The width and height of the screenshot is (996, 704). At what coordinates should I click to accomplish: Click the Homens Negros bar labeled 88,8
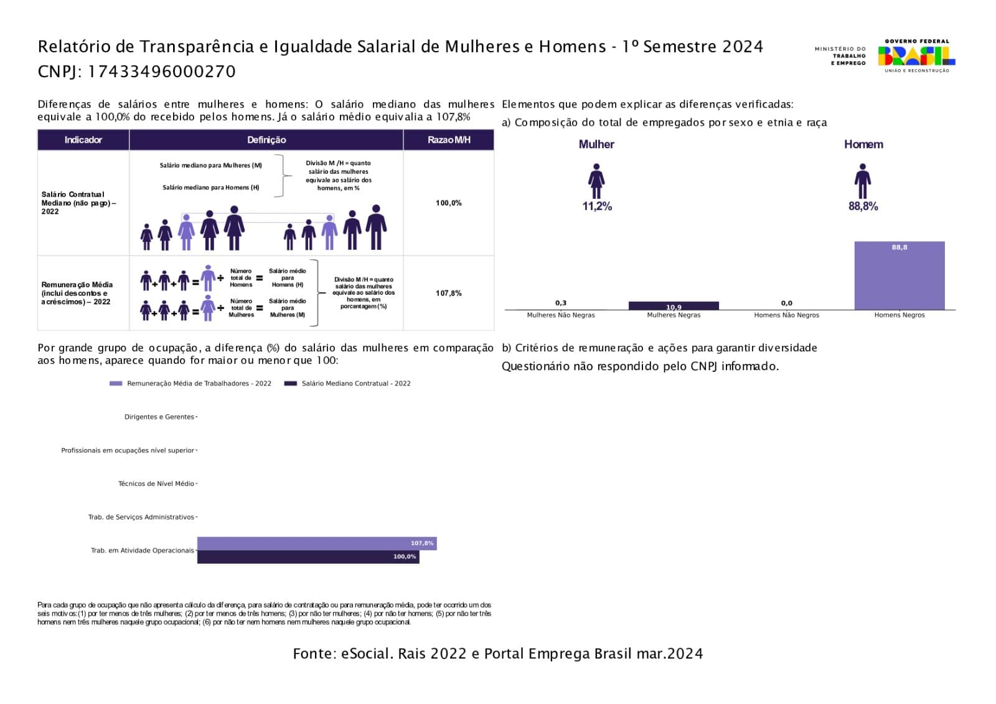(x=899, y=275)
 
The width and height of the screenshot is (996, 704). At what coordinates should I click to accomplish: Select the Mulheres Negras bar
(x=674, y=306)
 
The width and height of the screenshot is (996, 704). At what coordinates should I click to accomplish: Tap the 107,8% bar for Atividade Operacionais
(x=316, y=543)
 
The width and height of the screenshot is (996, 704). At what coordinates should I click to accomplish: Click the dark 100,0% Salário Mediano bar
(x=308, y=557)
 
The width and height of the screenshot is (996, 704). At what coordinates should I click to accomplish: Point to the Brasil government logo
(x=916, y=55)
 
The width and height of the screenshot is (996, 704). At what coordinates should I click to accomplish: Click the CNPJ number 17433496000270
(x=161, y=72)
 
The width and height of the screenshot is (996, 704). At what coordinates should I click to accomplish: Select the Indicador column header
(x=83, y=140)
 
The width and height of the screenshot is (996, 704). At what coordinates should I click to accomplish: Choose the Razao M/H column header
(x=448, y=140)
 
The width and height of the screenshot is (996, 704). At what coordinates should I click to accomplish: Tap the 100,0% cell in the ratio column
(x=448, y=203)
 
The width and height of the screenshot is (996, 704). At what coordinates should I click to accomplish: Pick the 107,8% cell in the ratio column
(x=448, y=293)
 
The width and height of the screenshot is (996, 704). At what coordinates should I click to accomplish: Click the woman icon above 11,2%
(x=596, y=181)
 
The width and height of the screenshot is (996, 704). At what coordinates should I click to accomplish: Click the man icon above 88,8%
(x=862, y=181)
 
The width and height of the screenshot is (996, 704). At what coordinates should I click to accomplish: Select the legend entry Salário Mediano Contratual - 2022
(x=355, y=384)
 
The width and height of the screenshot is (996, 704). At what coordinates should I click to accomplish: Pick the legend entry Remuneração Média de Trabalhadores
(x=199, y=384)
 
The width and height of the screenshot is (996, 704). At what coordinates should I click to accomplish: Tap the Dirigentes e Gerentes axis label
(x=159, y=417)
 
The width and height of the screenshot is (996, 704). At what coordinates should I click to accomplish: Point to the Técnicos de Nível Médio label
(x=156, y=484)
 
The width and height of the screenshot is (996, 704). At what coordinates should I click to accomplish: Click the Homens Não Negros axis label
(x=786, y=315)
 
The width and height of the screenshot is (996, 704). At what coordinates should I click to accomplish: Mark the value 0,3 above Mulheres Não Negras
(x=561, y=303)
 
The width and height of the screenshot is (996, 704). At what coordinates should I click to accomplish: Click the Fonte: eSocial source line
(x=497, y=654)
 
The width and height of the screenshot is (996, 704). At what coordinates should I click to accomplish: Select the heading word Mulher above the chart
(x=596, y=145)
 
